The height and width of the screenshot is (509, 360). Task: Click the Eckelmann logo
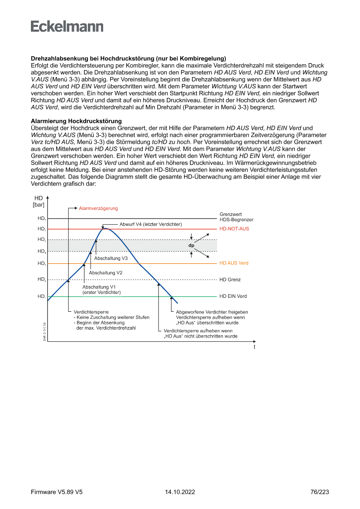[x=67, y=27]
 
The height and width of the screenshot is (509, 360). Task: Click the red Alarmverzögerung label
[x=98, y=208]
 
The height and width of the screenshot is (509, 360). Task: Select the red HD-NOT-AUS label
[x=234, y=229]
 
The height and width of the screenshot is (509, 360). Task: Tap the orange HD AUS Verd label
[x=234, y=263]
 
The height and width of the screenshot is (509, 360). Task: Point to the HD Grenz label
[x=230, y=280]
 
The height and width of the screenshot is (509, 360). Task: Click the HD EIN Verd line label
[x=233, y=296]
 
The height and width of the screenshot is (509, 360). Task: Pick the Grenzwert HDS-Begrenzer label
[x=236, y=217]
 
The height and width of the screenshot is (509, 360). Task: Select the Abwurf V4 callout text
[x=151, y=224]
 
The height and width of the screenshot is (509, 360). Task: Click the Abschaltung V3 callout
[x=111, y=258]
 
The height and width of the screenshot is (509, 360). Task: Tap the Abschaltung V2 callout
[x=105, y=273]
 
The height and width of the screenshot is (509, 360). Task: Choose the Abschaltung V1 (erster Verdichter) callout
[x=101, y=290]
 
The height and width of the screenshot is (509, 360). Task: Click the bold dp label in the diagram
[x=191, y=246]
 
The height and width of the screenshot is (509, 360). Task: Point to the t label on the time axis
[x=254, y=347]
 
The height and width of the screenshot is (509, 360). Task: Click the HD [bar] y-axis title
[x=38, y=201]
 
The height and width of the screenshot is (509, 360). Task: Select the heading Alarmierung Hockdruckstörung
[x=76, y=121]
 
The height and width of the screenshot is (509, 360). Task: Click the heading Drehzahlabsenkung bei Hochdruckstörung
[x=128, y=58]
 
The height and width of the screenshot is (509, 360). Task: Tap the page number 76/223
[x=320, y=492]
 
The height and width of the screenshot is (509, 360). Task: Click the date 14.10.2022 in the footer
[x=180, y=492]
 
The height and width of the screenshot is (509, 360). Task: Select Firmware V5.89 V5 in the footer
[x=57, y=492]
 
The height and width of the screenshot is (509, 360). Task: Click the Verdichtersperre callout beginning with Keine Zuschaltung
[x=111, y=320]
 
